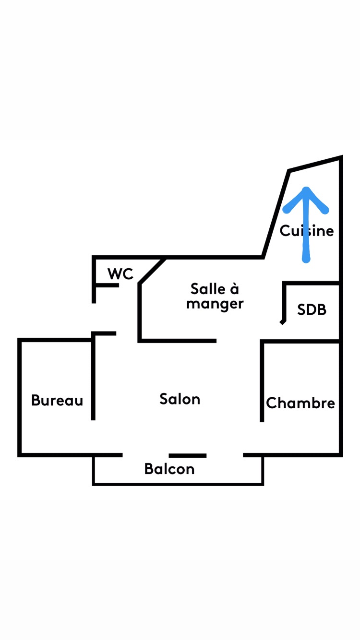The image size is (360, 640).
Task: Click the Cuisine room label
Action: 307,231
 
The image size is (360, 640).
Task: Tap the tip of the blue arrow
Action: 306,189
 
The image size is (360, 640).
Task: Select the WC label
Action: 120,274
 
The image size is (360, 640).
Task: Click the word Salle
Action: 208,289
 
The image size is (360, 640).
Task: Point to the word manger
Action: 215,304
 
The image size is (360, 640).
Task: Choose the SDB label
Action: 312,310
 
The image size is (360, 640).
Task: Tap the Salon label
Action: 180,399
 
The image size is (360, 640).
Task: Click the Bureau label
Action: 57,400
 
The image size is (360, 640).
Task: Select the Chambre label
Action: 300,403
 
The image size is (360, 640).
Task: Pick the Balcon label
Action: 169,469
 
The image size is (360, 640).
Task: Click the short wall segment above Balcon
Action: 188,455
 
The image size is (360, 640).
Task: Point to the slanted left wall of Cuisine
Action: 276,213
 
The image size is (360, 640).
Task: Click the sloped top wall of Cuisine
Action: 315,164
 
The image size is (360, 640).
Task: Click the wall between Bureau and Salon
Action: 93,379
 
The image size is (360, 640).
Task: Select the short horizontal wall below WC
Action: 107,285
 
